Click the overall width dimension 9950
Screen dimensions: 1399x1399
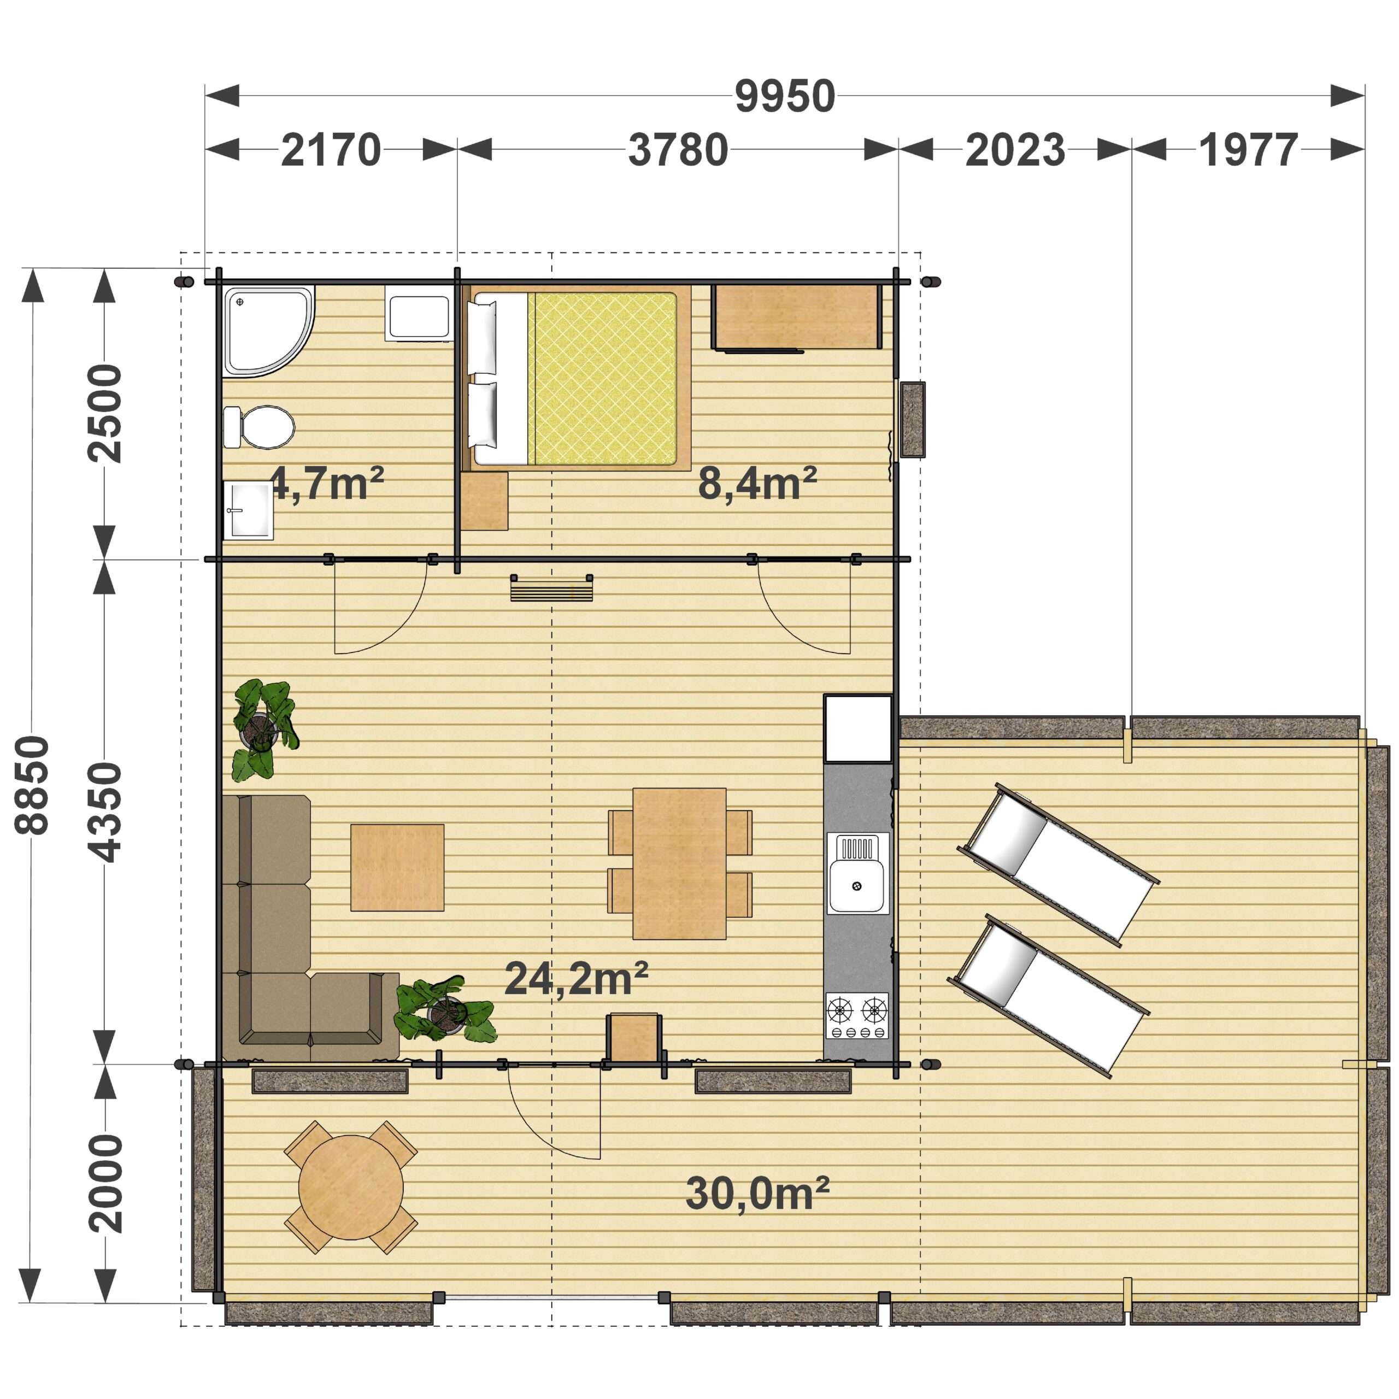coord(785,96)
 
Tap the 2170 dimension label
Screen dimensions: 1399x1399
coord(331,151)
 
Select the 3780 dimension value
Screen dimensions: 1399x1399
coord(678,151)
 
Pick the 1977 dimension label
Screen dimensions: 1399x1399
coord(1248,151)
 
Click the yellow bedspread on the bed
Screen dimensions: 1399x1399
coord(602,378)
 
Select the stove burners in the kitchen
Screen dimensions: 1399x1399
coord(857,1015)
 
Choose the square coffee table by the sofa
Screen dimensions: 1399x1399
coord(397,867)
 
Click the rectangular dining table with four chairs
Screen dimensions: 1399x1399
coord(679,863)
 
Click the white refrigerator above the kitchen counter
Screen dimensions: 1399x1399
coord(858,728)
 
